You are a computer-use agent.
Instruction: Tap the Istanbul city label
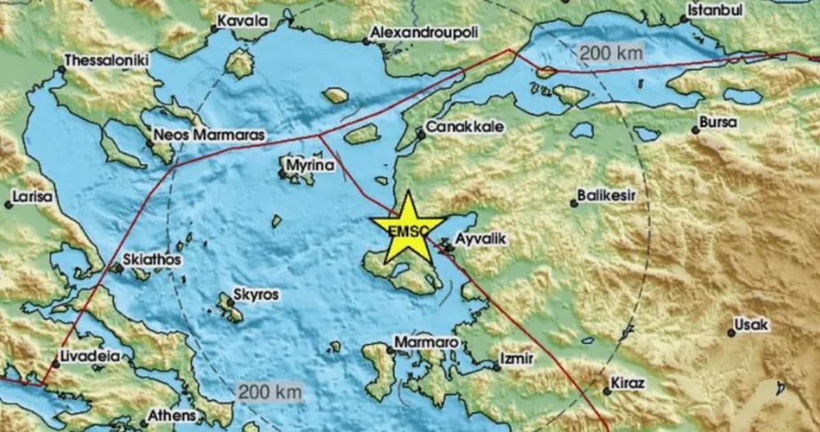point(715,11)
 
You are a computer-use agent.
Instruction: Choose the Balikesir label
point(606,196)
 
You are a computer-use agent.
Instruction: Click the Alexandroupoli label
point(424,32)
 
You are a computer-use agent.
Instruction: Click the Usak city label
point(751,325)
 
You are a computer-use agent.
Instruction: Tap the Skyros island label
point(256,295)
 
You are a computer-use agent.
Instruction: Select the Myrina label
point(310,165)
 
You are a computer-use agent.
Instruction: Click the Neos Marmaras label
point(208,135)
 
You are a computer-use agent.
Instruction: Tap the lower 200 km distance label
point(269,392)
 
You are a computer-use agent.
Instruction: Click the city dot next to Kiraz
point(607,391)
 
